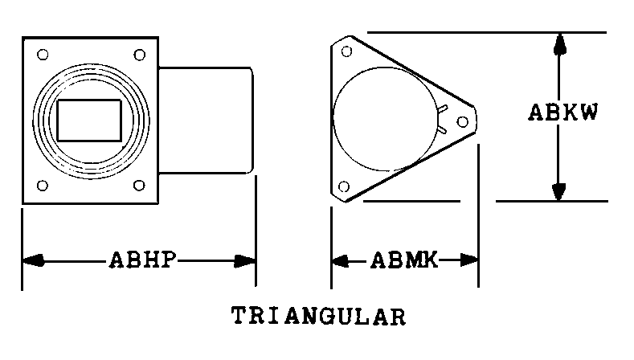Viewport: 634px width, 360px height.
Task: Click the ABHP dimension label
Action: [x=143, y=260]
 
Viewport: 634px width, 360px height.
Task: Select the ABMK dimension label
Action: [x=404, y=260]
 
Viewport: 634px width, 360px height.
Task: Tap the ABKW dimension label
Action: [x=562, y=112]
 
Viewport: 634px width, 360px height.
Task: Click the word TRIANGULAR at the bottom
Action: [x=319, y=316]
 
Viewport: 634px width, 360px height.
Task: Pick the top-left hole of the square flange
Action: [x=43, y=54]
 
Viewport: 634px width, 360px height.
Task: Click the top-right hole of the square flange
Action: [x=140, y=55]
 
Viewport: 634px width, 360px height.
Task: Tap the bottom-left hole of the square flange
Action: [x=43, y=186]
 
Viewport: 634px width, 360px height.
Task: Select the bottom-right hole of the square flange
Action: [x=139, y=186]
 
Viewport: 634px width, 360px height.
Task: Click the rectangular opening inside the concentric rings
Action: [x=89, y=121]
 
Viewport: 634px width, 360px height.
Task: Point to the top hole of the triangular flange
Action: [x=346, y=51]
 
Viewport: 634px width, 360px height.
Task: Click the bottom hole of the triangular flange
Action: [x=344, y=187]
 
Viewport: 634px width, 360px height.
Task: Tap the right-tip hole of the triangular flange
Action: [x=463, y=121]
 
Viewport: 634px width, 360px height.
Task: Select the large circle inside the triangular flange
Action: [x=333, y=119]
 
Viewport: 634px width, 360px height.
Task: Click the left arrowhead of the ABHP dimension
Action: [x=33, y=260]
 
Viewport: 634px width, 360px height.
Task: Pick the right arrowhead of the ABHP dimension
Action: [x=244, y=261]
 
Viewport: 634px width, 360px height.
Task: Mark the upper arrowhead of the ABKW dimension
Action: [x=559, y=44]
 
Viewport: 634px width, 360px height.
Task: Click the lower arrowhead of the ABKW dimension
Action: [x=558, y=191]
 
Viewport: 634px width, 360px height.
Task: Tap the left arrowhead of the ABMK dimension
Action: [x=340, y=260]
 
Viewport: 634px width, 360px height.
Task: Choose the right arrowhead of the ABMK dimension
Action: [x=469, y=260]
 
